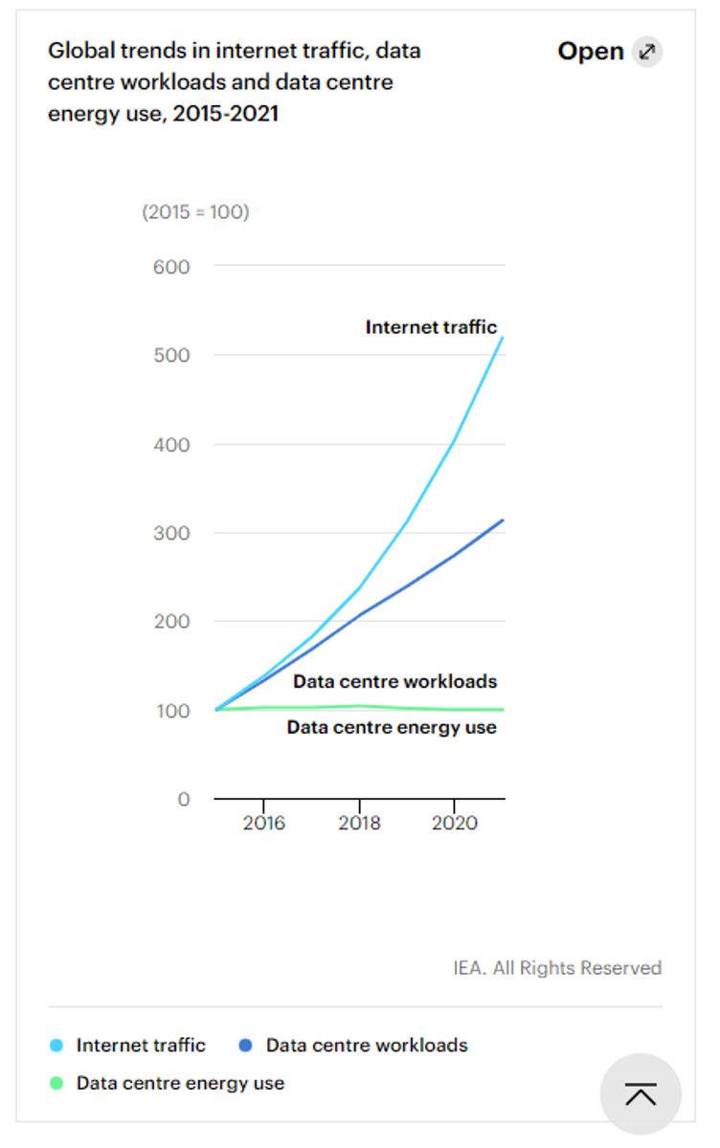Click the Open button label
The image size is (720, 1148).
coord(590,52)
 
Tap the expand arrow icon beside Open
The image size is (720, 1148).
coord(647,52)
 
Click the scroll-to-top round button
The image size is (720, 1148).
coord(641,1094)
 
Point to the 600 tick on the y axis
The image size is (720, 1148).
coord(171,266)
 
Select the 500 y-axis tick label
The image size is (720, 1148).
coord(171,355)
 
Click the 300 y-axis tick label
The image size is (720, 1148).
coord(171,533)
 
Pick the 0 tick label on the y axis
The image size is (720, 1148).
coord(184,799)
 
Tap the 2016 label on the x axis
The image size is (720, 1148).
coord(263,824)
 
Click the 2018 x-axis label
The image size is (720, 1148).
coord(359,824)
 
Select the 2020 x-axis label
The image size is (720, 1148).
coord(455,824)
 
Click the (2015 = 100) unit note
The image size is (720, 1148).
coord(195,212)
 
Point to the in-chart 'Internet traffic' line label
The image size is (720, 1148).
coord(431,327)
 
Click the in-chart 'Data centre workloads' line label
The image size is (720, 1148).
coord(394,682)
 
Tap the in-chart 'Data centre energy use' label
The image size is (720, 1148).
coord(392,727)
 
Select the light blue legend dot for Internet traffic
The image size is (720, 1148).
coord(56,1046)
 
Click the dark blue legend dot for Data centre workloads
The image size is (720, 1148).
coord(246,1046)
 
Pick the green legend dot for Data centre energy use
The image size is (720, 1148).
coord(56,1084)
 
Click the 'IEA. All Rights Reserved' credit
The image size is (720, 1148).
coord(557,968)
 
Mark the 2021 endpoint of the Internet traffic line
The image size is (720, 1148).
coord(504,337)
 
